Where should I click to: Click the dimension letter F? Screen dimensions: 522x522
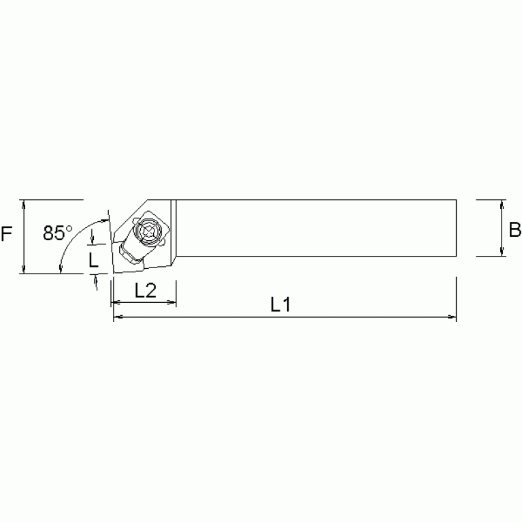tap(7, 235)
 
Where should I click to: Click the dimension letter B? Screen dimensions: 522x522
tap(515, 229)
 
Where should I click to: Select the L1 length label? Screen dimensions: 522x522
tap(280, 305)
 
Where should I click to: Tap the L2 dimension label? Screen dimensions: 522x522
tap(144, 291)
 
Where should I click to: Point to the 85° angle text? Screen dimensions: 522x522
tap(56, 233)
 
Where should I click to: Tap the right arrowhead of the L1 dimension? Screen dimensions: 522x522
tap(452, 317)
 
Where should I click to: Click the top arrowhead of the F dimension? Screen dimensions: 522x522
tap(25, 204)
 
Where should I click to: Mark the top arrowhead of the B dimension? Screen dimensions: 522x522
tap(502, 204)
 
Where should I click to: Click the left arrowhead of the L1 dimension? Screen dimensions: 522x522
tap(117, 317)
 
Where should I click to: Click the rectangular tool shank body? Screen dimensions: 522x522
tap(313, 228)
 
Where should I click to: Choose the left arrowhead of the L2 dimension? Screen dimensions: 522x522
tap(116, 303)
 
